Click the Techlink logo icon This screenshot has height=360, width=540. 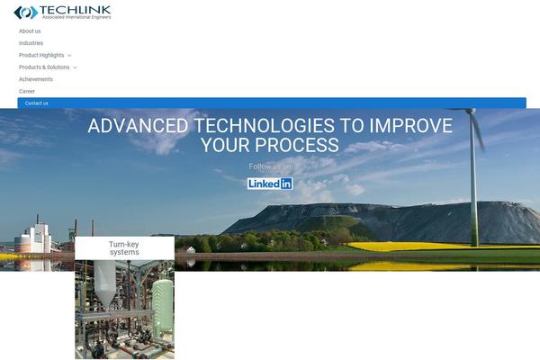(x=26, y=13)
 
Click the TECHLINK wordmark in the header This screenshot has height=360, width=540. (x=76, y=10)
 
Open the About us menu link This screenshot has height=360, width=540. (x=30, y=31)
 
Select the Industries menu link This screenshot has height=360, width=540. (x=31, y=43)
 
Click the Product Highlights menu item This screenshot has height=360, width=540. (x=41, y=55)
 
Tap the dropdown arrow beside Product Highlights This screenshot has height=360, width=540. (x=69, y=56)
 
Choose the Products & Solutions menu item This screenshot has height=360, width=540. (x=44, y=67)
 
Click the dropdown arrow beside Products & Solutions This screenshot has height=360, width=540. (x=75, y=67)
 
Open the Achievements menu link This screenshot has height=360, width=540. (x=36, y=79)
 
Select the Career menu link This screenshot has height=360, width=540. (x=27, y=91)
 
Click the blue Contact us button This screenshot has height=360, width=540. (x=272, y=103)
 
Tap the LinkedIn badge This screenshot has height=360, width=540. (x=270, y=184)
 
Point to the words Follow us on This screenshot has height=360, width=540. (x=270, y=166)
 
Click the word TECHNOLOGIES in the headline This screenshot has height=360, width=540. (x=264, y=125)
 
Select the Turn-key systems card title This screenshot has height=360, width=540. (x=124, y=248)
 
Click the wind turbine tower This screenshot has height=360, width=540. (x=474, y=179)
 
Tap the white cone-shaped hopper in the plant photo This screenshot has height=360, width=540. (x=104, y=283)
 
